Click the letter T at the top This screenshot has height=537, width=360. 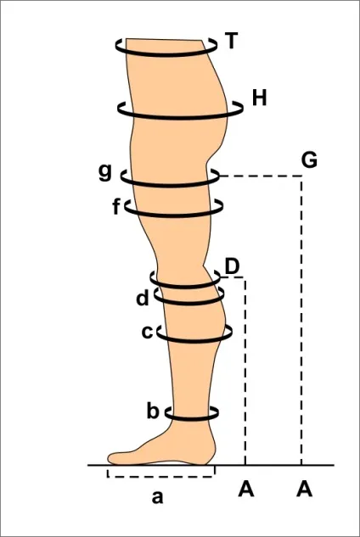pos(232,41)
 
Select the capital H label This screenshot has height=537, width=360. pos(259,98)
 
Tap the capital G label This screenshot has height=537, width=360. pos(309,160)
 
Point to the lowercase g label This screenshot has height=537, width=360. pos(105,172)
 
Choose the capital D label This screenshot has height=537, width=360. pos(232,267)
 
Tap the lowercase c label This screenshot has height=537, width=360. pos(147,332)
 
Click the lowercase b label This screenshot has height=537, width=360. pos(153,411)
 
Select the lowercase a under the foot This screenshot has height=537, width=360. pos(157,497)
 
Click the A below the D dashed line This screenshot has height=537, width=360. pos(246,489)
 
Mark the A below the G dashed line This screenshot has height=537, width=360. pos(305,489)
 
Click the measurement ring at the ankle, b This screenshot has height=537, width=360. pos(192,418)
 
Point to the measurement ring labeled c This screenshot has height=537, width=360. pos(194,341)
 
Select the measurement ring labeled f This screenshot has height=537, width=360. pos(173,215)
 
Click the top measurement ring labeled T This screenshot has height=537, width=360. pos(166,55)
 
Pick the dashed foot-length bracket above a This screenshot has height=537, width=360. pos(161,477)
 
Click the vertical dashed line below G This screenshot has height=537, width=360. pos(301,320)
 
